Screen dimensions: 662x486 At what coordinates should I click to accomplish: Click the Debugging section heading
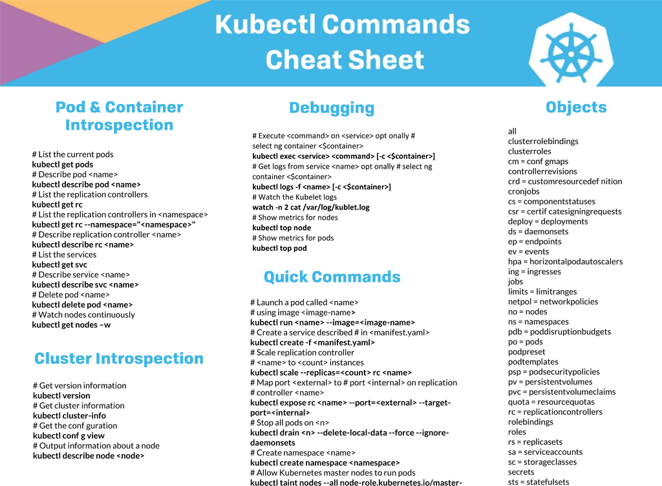pyautogui.click(x=332, y=108)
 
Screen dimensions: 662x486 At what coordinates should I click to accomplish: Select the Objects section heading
pyautogui.click(x=576, y=107)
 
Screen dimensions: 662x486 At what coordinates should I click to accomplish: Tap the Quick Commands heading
pyautogui.click(x=332, y=277)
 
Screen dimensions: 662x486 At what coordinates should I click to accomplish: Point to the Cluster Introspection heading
pyautogui.click(x=119, y=359)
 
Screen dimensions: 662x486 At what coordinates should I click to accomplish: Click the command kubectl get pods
pyautogui.click(x=63, y=165)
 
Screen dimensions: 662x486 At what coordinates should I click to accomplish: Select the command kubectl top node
pyautogui.click(x=282, y=227)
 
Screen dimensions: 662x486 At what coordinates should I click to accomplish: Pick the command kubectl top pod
pyautogui.click(x=279, y=248)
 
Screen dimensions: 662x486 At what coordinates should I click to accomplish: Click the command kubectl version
pyautogui.click(x=61, y=396)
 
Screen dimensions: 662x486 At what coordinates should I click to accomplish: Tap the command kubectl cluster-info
pyautogui.click(x=69, y=416)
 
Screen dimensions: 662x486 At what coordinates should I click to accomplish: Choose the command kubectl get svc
pyautogui.click(x=59, y=265)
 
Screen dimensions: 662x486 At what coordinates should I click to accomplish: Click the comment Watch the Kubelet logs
pyautogui.click(x=295, y=197)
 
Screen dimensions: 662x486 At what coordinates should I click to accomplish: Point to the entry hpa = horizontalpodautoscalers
pyautogui.click(x=565, y=262)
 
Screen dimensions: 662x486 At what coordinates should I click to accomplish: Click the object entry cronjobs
pyautogui.click(x=524, y=191)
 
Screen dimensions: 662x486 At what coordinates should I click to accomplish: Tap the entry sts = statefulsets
pyautogui.click(x=539, y=481)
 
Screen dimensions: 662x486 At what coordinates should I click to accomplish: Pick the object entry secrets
pyautogui.click(x=521, y=472)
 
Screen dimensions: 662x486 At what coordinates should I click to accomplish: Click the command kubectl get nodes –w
pyautogui.click(x=71, y=325)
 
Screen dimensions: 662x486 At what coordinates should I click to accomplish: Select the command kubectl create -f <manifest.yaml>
pyautogui.click(x=312, y=343)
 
